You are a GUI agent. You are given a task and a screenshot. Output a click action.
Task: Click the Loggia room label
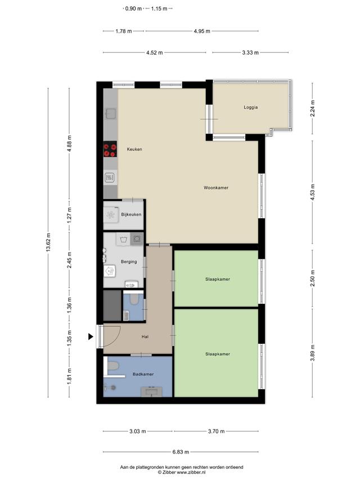pyautogui.click(x=251, y=107)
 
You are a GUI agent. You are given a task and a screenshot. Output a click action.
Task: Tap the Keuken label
pyautogui.click(x=134, y=149)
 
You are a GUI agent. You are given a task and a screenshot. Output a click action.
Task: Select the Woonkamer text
pyautogui.click(x=216, y=187)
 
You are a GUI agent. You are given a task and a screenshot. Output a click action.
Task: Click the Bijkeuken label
pyautogui.click(x=131, y=214)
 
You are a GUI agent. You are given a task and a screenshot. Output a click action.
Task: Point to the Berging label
pyautogui.click(x=129, y=262)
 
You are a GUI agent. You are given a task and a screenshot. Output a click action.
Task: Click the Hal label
pyautogui.click(x=145, y=337)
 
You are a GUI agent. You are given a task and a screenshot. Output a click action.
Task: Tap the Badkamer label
pyautogui.click(x=143, y=374)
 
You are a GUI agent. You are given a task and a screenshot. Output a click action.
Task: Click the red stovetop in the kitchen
pyautogui.click(x=110, y=149)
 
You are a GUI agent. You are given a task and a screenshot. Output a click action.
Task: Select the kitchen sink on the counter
pyautogui.click(x=110, y=114)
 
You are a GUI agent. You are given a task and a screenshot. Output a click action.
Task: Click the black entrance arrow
pyautogui.click(x=91, y=337)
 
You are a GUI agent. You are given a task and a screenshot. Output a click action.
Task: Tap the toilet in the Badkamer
pyautogui.click(x=112, y=366)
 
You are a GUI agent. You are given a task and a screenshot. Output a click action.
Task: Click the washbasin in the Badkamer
pyautogui.click(x=151, y=392)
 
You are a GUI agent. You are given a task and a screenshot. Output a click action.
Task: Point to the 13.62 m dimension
pyautogui.click(x=48, y=243)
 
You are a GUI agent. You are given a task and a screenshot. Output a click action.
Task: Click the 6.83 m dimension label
pyautogui.click(x=181, y=452)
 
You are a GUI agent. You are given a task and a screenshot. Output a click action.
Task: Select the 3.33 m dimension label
pyautogui.click(x=250, y=53)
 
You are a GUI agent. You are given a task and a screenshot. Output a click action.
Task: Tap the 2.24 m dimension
pyautogui.click(x=313, y=109)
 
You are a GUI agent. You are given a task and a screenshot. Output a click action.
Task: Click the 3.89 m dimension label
pyautogui.click(x=313, y=353)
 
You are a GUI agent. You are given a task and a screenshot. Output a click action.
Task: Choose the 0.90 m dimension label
pyautogui.click(x=133, y=8)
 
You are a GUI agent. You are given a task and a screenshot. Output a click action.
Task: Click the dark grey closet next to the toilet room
pyautogui.click(x=112, y=306)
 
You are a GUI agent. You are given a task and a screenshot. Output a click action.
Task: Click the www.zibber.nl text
pyautogui.click(x=191, y=472)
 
